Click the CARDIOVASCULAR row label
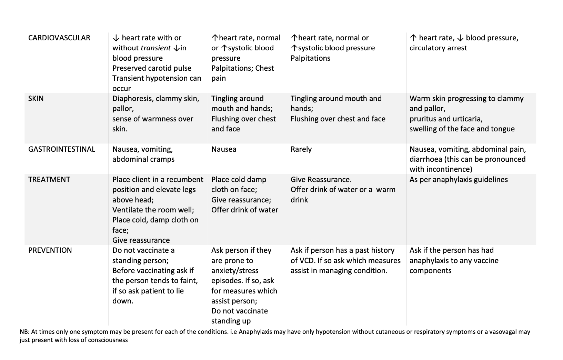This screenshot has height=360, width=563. pyautogui.click(x=59, y=38)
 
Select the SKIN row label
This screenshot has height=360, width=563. pyautogui.click(x=36, y=99)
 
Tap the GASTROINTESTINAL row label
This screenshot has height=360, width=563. pyautogui.click(x=61, y=149)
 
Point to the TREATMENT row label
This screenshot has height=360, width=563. pyautogui.click(x=49, y=180)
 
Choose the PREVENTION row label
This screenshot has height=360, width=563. pyautogui.click(x=50, y=250)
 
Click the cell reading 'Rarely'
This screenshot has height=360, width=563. pyautogui.click(x=301, y=149)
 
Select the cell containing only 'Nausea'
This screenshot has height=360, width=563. pyautogui.click(x=224, y=149)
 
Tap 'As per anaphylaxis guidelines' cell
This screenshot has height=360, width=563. pyautogui.click(x=459, y=180)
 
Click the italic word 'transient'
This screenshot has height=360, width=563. pyautogui.click(x=156, y=48)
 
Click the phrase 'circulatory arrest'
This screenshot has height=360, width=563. pyautogui.click(x=438, y=48)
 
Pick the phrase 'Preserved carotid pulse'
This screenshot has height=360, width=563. pyautogui.click(x=152, y=68)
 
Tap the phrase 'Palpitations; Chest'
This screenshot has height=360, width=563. pyautogui.click(x=242, y=68)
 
